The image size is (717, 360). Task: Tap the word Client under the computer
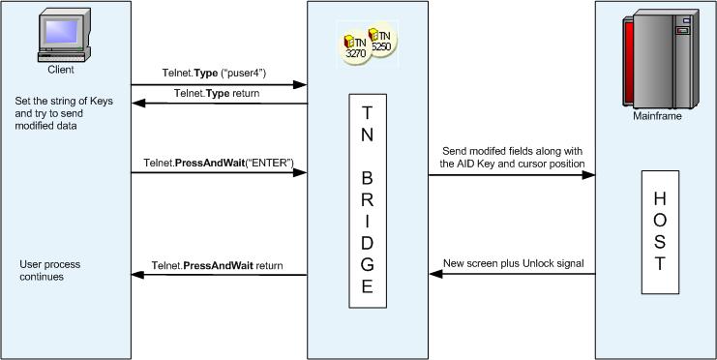60,70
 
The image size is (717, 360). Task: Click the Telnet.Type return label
218,93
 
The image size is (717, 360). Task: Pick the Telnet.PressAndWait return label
216,265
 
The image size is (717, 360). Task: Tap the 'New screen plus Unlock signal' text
513,264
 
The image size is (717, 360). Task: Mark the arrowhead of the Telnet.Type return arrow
136,104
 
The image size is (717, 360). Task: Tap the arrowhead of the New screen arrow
434,275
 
